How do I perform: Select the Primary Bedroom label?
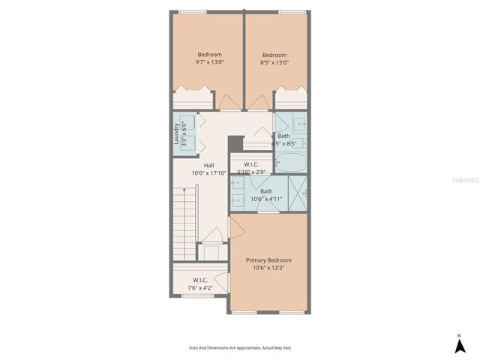point(268,259)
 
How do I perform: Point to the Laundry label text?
point(176,133)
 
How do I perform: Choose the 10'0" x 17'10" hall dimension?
point(209,173)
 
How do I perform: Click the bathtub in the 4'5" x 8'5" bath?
point(291,162)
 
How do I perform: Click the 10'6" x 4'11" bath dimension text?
point(266,199)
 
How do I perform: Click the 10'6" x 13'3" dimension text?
point(268,268)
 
